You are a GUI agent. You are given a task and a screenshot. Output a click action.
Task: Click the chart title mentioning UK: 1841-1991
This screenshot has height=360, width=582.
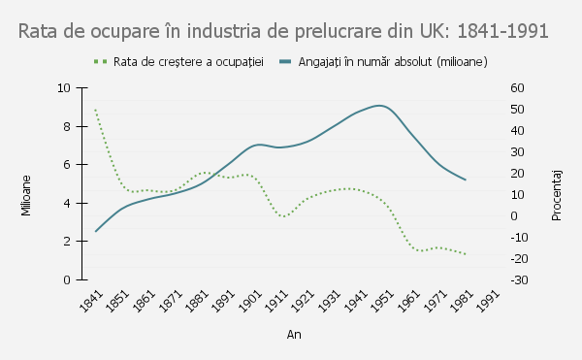284,31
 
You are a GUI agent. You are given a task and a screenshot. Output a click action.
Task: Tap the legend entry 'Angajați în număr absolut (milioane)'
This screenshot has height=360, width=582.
383,62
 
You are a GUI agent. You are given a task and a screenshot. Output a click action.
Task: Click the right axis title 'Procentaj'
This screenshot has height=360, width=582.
557,192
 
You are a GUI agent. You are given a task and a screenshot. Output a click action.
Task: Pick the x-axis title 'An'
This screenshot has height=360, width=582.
293,335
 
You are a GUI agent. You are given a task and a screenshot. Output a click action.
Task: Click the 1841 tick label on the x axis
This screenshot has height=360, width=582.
90,301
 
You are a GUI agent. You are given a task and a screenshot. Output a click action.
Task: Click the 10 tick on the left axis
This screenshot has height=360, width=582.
65,88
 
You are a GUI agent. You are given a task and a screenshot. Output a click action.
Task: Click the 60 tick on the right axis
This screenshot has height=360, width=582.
517,88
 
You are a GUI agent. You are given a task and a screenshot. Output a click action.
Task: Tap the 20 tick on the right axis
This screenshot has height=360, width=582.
517,174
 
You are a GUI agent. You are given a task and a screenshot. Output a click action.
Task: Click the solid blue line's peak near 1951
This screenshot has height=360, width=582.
380,105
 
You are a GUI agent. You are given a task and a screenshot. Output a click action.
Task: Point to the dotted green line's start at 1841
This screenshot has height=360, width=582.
95,110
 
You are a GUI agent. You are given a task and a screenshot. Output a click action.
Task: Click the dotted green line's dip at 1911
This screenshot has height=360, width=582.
282,216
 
